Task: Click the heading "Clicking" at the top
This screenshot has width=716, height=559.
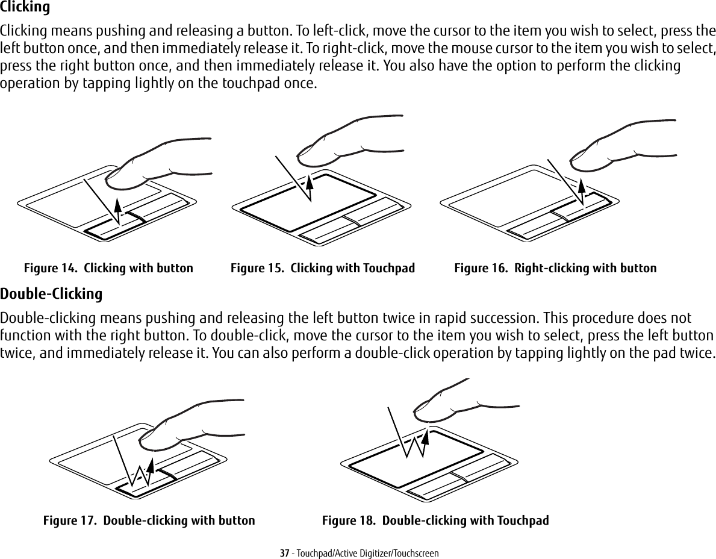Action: [x=25, y=8]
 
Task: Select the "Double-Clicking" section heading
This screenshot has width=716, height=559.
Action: [x=51, y=295]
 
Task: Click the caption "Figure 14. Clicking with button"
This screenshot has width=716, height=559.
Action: [x=108, y=268]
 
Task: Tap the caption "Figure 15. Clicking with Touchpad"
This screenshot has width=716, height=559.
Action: [x=323, y=268]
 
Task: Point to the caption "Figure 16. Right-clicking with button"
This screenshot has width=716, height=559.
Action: [x=555, y=268]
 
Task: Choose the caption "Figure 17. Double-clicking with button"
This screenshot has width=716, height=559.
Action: [x=149, y=520]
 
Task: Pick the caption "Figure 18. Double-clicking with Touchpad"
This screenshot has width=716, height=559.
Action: [x=435, y=520]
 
